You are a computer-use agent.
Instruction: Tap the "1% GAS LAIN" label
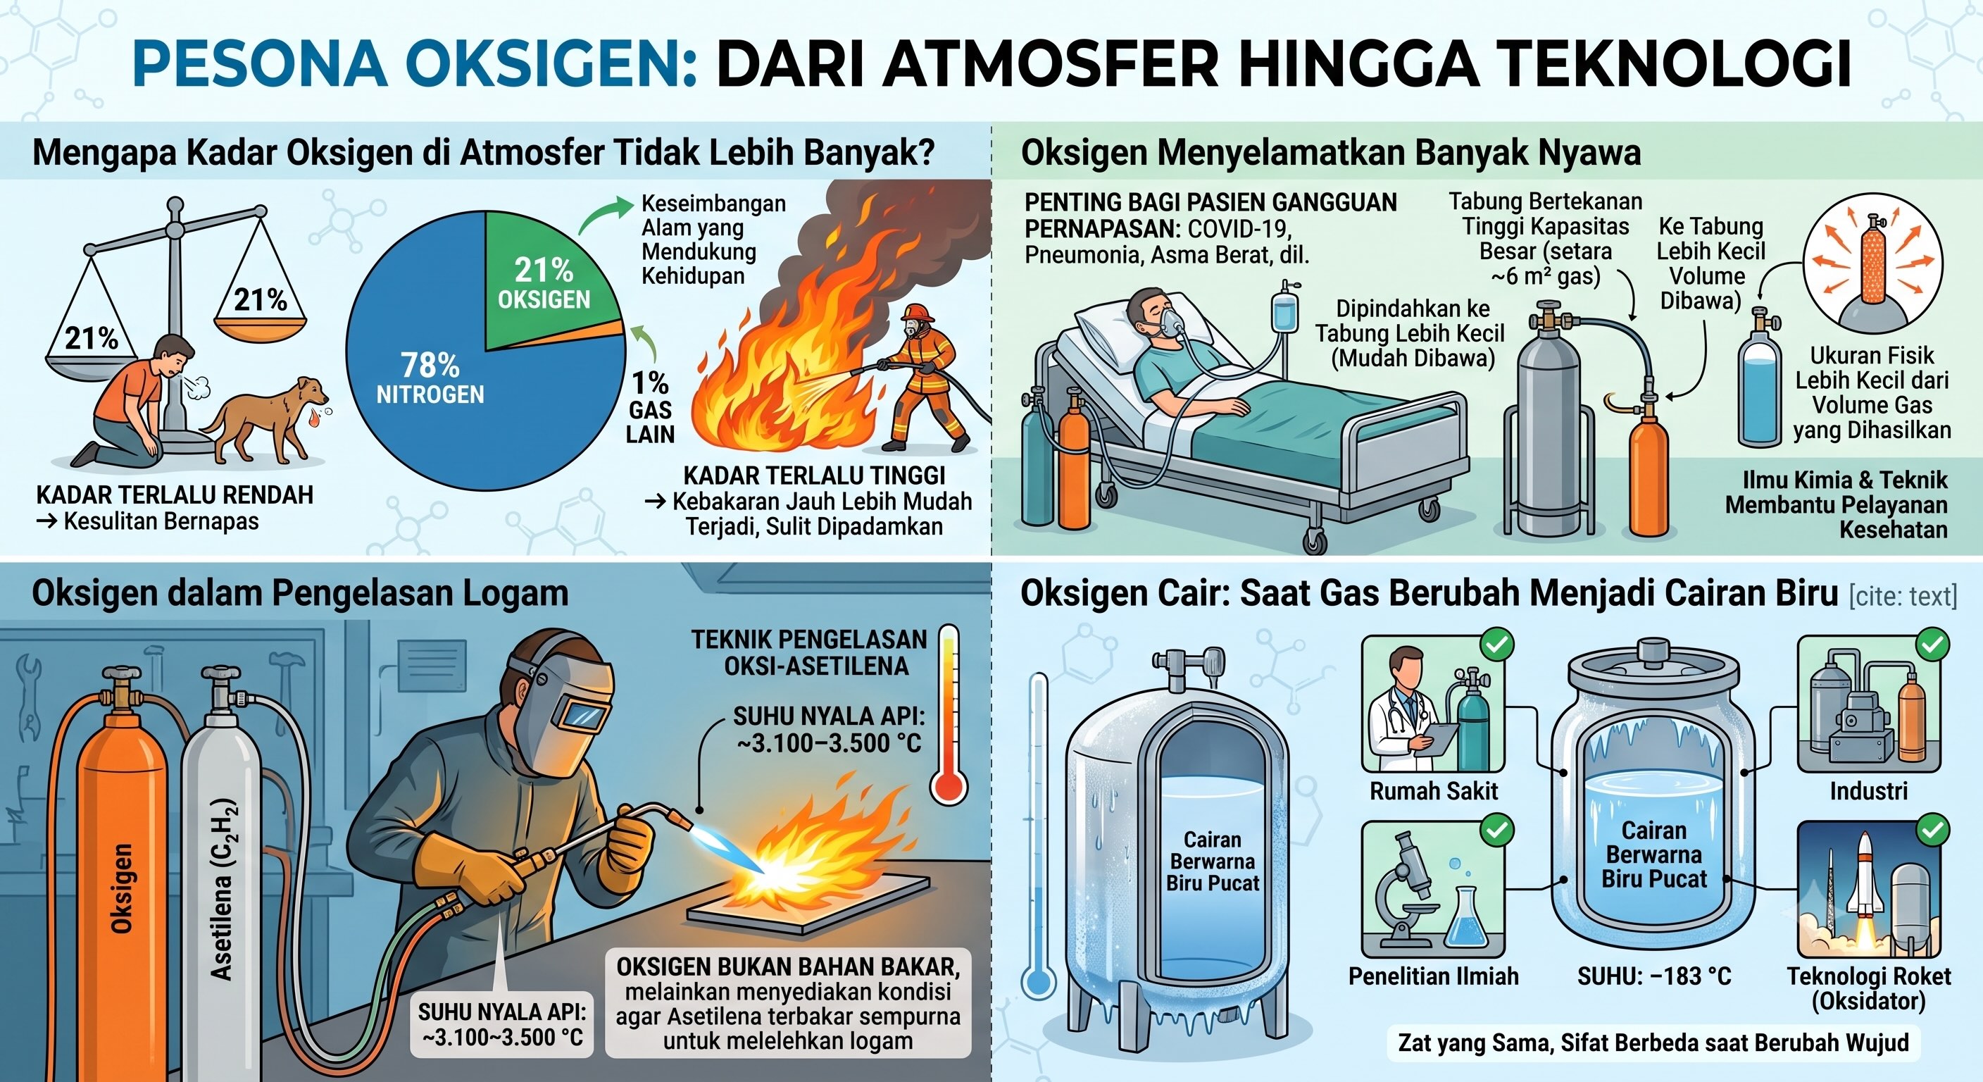point(650,408)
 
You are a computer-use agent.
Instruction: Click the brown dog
point(265,416)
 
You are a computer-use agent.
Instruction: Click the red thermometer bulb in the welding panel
point(949,785)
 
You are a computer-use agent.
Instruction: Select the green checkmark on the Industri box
point(1933,645)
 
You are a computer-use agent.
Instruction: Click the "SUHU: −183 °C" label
point(1654,976)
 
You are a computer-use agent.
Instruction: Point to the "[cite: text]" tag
point(1902,597)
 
